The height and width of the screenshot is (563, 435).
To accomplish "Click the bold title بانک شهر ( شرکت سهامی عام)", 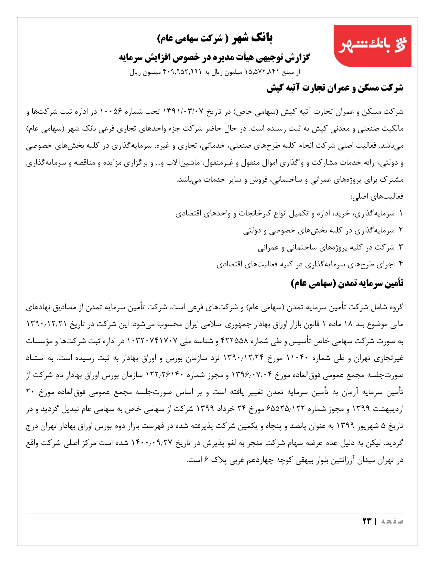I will pyautogui.click(x=215, y=38).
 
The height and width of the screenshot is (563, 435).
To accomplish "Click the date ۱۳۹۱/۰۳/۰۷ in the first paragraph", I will pyautogui.click(x=183, y=112).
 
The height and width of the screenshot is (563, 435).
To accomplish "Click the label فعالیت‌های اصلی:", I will pyautogui.click(x=377, y=197).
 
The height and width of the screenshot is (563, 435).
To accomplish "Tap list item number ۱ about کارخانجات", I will pyautogui.click(x=289, y=213).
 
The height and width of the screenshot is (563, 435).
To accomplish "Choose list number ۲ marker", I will pyautogui.click(x=400, y=231).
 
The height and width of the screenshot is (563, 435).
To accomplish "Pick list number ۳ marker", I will pyautogui.click(x=400, y=247).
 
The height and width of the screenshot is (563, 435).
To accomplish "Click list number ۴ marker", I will pyautogui.click(x=400, y=264).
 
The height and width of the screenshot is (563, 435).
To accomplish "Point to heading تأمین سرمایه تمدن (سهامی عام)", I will pyautogui.click(x=347, y=283).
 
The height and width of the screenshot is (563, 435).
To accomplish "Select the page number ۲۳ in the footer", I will pyautogui.click(x=367, y=521).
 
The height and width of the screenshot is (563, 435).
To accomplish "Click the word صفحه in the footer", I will pyautogui.click(x=392, y=521).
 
